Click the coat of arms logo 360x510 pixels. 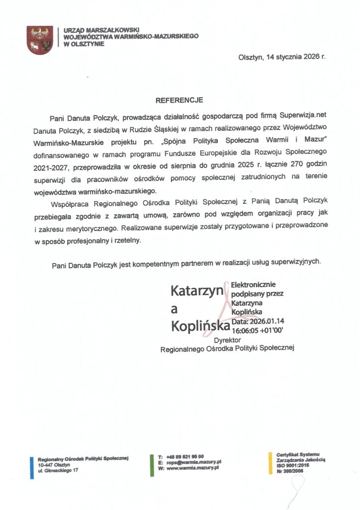(x=40, y=41)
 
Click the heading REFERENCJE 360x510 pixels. (x=179, y=100)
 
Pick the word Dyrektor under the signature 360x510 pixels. (x=227, y=340)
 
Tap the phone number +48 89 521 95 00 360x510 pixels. (x=185, y=457)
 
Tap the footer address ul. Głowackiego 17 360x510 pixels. (x=58, y=470)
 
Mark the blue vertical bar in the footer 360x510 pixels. (x=32, y=467)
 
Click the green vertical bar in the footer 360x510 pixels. (x=152, y=463)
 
